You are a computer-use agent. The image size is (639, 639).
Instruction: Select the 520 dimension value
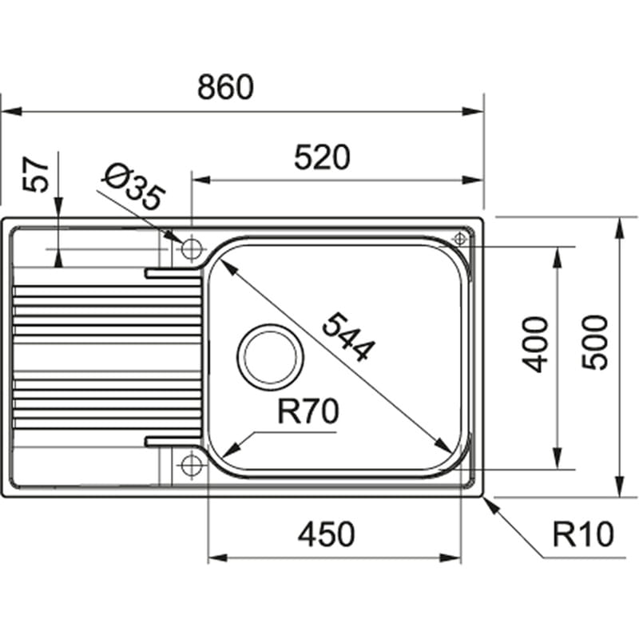pyautogui.click(x=322, y=157)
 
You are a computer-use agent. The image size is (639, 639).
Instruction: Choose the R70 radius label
pyautogui.click(x=308, y=412)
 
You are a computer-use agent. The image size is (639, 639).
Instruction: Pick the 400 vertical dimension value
pyautogui.click(x=537, y=343)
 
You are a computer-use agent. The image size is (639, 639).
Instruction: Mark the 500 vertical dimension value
pyautogui.click(x=595, y=342)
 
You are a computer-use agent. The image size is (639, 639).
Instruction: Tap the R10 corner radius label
pyautogui.click(x=581, y=534)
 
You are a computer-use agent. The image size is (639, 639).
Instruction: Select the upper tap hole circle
pyautogui.click(x=191, y=248)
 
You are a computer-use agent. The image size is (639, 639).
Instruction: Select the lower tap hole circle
pyautogui.click(x=191, y=464)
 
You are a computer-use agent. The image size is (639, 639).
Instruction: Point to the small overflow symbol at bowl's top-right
pyautogui.click(x=461, y=239)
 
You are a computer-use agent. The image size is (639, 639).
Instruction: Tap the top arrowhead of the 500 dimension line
pyautogui.click(x=620, y=225)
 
